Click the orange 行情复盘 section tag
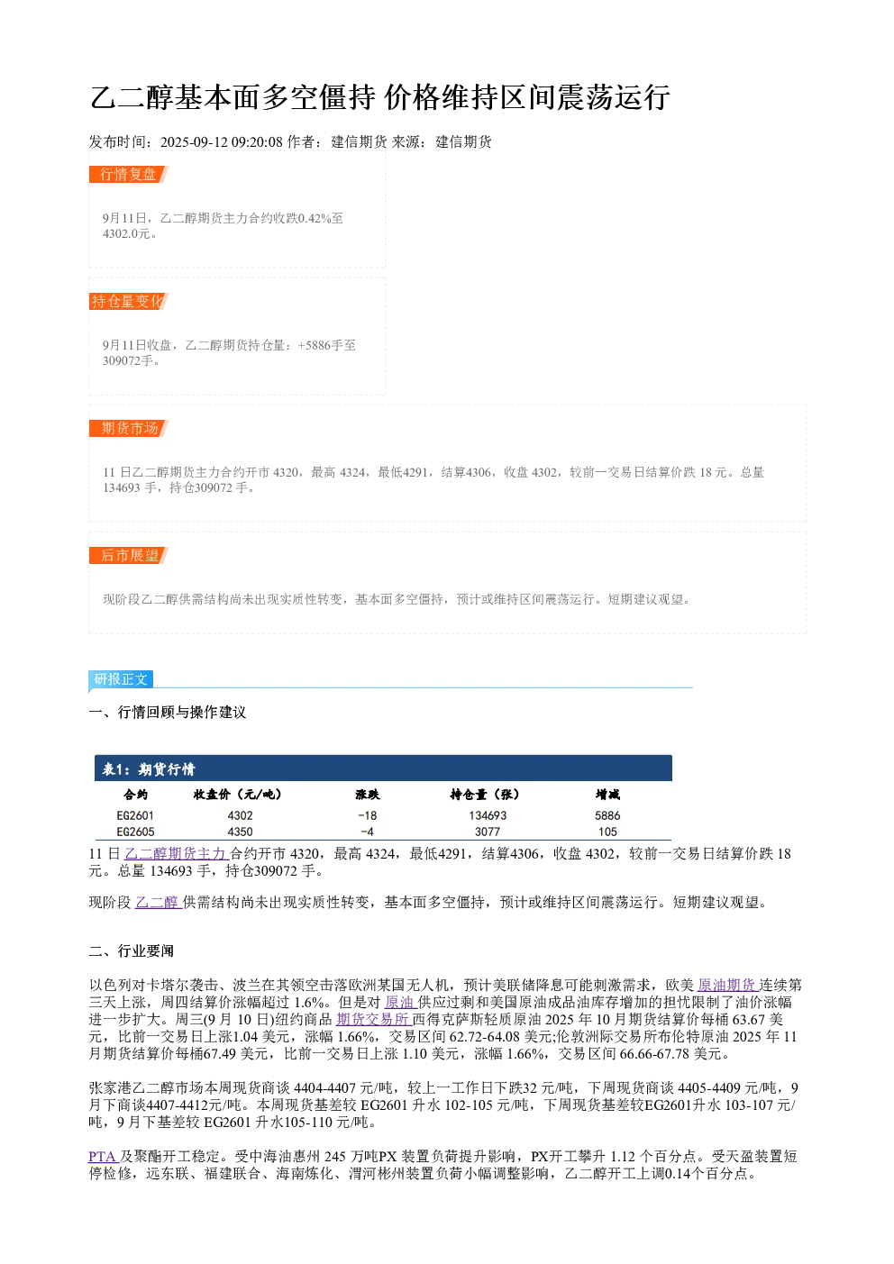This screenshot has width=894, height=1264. tap(129, 175)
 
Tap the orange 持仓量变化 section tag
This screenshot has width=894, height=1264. tap(129, 301)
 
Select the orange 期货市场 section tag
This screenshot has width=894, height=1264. tap(129, 428)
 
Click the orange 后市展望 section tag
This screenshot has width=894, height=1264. tap(129, 555)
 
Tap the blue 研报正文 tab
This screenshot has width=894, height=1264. tap(121, 678)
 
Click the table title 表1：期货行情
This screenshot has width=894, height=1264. tap(149, 768)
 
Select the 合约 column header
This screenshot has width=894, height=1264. tap(135, 795)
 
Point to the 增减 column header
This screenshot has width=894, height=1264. tap(607, 795)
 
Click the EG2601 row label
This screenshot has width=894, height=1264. tap(135, 815)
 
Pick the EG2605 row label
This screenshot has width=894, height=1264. tap(135, 832)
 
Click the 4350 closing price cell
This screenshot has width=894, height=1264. tap(241, 832)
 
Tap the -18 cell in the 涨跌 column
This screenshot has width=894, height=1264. tap(367, 815)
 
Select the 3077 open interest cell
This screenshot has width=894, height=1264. tap(487, 832)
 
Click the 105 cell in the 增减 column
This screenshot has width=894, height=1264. tap(607, 832)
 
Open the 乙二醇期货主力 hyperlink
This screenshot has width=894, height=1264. tap(175, 854)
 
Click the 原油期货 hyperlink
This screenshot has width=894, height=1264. tap(726, 986)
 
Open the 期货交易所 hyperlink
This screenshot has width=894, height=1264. tap(372, 1019)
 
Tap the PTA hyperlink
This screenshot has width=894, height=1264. tap(102, 1156)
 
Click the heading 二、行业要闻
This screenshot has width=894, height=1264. tap(132, 950)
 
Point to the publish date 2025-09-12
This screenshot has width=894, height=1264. tap(194, 141)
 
